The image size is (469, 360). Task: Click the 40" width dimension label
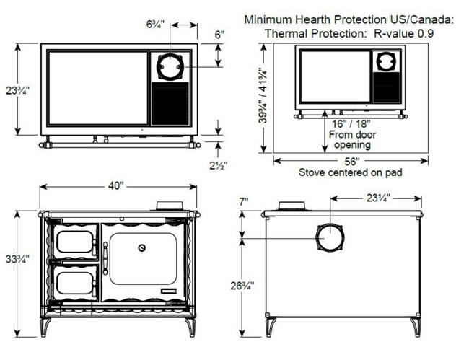click(115, 185)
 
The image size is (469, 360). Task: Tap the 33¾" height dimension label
click(17, 259)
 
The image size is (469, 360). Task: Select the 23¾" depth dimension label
click(18, 90)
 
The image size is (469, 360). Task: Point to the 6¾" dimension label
click(155, 25)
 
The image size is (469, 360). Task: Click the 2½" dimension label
click(219, 165)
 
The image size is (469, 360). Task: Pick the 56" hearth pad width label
click(352, 162)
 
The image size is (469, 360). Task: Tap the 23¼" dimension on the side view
click(378, 198)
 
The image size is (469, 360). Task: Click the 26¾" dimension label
click(242, 286)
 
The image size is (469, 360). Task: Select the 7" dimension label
click(244, 201)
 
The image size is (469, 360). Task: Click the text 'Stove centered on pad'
click(350, 172)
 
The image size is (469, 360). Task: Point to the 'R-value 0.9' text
click(404, 33)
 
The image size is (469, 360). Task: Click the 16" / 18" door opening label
click(351, 123)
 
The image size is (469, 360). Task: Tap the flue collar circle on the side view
click(330, 238)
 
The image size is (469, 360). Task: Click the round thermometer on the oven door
click(141, 248)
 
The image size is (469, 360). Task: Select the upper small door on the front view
click(76, 242)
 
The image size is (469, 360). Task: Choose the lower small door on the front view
click(76, 283)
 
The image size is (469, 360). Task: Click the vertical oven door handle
click(105, 258)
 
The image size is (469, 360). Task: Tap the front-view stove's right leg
click(190, 328)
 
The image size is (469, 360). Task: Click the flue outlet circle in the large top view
click(170, 66)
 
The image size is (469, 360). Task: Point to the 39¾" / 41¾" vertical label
click(263, 96)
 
